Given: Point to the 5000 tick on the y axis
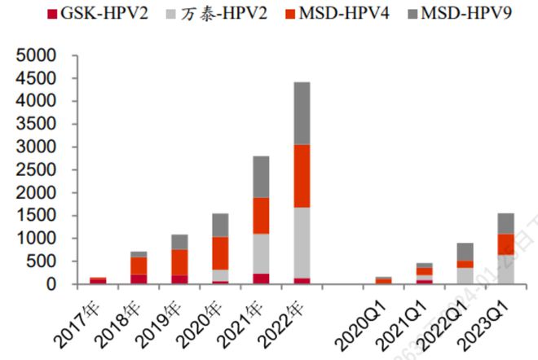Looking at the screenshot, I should point(33,56).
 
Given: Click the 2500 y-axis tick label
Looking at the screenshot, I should point(33,170).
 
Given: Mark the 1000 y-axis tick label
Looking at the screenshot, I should point(33,239).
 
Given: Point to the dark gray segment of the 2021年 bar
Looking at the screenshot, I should point(261,177).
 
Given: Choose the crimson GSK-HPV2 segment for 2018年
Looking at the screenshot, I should point(139,279).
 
